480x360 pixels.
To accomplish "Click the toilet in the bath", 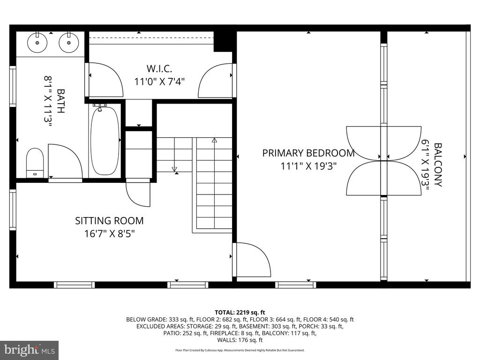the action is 35,163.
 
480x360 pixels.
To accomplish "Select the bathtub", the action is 105,141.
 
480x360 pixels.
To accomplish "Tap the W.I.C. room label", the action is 159,68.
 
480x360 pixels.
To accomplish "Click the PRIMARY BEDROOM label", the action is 308,153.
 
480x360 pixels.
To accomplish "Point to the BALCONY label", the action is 438,165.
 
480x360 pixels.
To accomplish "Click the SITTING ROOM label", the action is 109,221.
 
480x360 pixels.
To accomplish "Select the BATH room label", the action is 61,101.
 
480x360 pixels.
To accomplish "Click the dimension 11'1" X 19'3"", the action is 308,166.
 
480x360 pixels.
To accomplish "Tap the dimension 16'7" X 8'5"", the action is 110,234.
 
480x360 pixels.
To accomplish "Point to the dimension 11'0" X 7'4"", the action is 159,82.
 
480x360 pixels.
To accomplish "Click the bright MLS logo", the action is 30,350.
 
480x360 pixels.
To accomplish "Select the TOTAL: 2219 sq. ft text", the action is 240,313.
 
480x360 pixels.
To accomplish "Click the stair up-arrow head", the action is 214,141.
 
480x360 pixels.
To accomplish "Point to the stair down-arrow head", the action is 174,169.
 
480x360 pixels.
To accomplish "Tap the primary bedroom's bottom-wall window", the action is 295,285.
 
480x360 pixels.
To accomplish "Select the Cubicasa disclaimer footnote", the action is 240,350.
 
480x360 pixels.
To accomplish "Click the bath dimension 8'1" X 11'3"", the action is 47,101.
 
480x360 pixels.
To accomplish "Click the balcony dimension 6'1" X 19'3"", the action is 425,165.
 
